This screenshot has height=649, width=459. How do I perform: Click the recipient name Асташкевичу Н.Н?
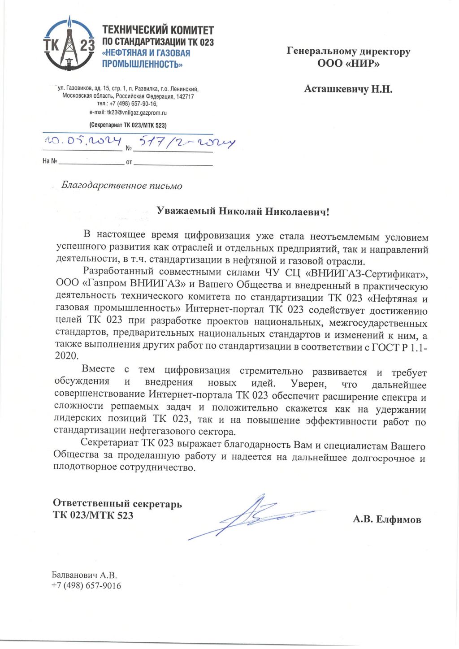point(348,89)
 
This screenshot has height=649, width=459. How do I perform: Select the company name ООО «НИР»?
point(348,63)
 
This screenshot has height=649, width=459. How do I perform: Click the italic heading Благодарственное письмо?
point(121,186)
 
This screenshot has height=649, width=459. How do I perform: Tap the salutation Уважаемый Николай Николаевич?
point(242,211)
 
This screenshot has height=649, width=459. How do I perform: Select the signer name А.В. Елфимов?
point(387,519)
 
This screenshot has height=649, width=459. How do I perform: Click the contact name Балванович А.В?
point(84,575)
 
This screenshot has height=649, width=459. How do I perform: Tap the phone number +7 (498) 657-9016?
point(86,586)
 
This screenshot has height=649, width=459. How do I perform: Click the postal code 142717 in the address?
point(185,96)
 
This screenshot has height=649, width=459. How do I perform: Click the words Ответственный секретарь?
point(117,504)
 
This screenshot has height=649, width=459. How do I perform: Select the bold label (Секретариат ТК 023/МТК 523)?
point(128,125)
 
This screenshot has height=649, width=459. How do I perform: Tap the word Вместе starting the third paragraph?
point(98,369)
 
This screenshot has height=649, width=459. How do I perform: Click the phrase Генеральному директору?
point(348,51)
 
